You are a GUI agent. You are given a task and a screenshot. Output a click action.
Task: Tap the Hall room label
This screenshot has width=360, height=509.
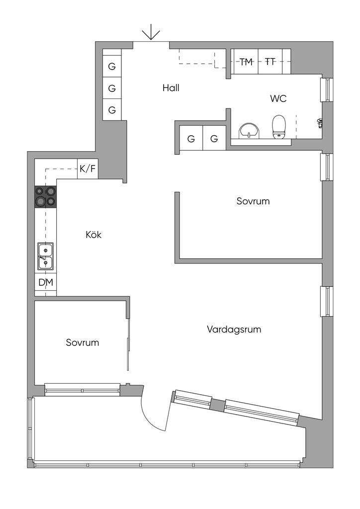[x=171, y=88]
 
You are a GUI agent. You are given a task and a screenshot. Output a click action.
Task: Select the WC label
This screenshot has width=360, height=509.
[x=278, y=98]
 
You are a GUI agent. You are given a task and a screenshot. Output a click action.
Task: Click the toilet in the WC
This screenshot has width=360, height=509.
[x=279, y=127]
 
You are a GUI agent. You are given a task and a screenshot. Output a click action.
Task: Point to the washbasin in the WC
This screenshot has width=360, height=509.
[x=249, y=131]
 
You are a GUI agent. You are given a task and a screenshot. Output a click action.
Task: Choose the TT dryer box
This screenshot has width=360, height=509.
[x=270, y=61]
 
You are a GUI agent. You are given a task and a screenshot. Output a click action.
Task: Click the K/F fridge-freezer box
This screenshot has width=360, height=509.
[x=88, y=169]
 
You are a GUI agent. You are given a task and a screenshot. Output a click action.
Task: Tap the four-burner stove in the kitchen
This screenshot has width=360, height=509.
[x=45, y=197]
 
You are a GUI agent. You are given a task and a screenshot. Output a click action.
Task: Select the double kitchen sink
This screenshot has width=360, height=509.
[x=45, y=256]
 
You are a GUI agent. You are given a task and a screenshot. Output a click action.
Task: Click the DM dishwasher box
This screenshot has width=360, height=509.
[x=45, y=282]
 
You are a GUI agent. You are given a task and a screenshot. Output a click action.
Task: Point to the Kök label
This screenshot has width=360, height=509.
[x=93, y=235]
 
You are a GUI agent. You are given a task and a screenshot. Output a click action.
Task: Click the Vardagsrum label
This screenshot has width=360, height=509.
[x=234, y=330]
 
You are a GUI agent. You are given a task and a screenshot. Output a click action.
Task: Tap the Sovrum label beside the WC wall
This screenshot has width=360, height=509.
[x=253, y=201]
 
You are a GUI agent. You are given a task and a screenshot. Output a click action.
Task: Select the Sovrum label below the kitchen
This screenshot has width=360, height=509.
[x=82, y=342]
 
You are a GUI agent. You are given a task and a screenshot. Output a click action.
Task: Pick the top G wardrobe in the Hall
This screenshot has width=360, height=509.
[x=112, y=66]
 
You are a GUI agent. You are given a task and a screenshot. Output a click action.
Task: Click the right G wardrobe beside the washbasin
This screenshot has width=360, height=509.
[x=214, y=139]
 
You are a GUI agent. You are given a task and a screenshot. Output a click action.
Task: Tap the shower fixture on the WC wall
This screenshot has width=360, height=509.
[x=320, y=122]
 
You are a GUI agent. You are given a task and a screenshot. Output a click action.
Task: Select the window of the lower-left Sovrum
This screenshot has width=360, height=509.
[x=83, y=390]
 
